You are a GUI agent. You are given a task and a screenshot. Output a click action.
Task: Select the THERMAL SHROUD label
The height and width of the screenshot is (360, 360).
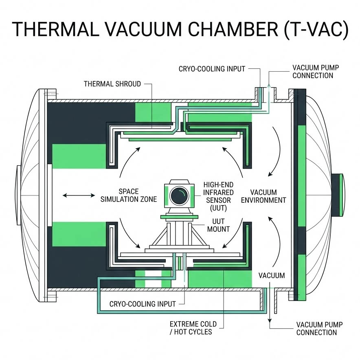112,84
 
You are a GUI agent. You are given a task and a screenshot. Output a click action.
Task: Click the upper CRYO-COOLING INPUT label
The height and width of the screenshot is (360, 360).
212,69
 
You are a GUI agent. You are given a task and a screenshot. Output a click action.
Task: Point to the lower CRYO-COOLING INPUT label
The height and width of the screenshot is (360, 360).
143,304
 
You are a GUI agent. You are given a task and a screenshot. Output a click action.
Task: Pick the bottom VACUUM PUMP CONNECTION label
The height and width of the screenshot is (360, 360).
319,329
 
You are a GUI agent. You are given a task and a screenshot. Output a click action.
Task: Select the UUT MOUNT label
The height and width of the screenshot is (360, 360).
219,225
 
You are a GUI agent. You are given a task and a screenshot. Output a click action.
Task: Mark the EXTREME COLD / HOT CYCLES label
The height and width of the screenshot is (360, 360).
193,328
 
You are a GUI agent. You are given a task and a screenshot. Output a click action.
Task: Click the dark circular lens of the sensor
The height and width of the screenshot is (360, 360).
178,196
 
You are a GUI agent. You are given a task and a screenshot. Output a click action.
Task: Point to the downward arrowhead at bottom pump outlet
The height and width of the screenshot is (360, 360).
269,322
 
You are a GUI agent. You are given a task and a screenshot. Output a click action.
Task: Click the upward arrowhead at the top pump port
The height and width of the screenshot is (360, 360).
269,83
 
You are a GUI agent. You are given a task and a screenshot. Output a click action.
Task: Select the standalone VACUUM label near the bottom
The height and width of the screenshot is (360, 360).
272,276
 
